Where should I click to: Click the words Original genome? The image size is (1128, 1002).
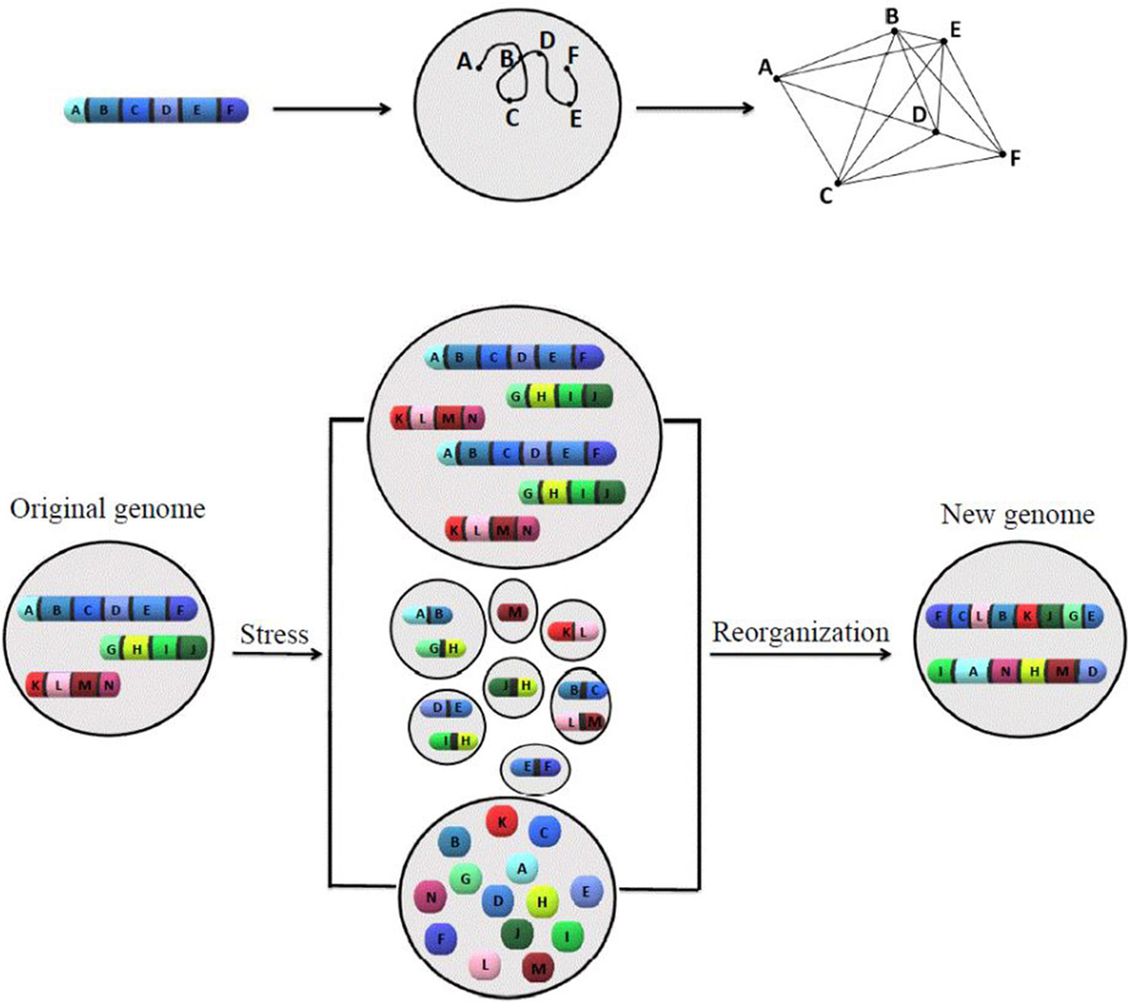[x=107, y=510]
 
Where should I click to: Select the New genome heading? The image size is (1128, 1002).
[x=1017, y=515]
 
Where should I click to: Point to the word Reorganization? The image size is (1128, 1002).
[x=800, y=631]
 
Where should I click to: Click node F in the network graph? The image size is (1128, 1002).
[x=1003, y=153]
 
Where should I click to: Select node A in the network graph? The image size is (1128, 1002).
[x=776, y=78]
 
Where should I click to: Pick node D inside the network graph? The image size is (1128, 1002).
[x=935, y=132]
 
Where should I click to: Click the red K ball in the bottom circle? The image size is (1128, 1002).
[x=503, y=821]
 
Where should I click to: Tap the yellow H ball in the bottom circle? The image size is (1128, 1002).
[x=541, y=901]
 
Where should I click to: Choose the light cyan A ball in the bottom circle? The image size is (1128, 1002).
[x=522, y=870]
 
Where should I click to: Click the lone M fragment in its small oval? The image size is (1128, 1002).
[x=513, y=612]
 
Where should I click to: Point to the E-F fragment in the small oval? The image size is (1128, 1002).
[x=535, y=767]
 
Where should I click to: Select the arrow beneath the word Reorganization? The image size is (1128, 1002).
[x=800, y=653]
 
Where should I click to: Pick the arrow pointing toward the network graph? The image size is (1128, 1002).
[x=695, y=109]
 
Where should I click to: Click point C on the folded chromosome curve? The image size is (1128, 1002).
[x=509, y=99]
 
